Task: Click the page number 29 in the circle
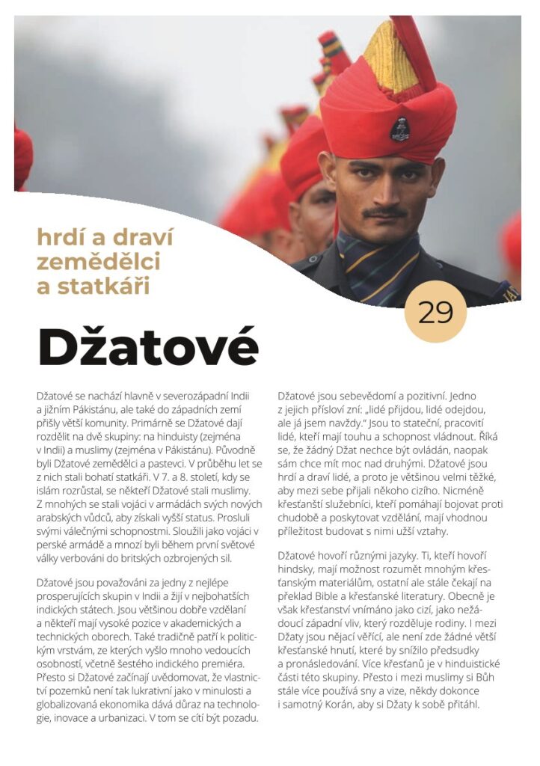(436, 312)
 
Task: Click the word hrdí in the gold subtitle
(58, 238)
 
